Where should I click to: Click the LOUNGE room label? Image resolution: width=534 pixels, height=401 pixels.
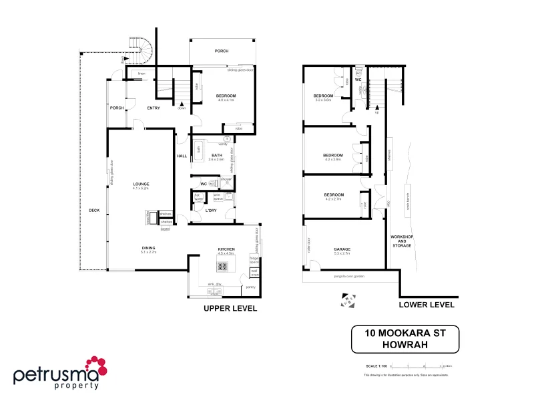(x=140, y=184)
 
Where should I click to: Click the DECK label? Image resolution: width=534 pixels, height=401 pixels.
(x=93, y=211)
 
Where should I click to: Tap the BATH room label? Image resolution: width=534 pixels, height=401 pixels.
(x=216, y=156)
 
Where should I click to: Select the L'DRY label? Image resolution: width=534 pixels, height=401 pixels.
(x=211, y=211)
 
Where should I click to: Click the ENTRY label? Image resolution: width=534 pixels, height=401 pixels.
(x=154, y=108)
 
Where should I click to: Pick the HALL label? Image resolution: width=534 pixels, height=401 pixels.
(x=182, y=156)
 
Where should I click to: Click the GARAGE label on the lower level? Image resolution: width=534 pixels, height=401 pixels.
(x=342, y=249)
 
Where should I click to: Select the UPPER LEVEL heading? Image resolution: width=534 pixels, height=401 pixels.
(x=230, y=309)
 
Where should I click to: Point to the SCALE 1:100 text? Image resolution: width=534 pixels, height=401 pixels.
(x=376, y=366)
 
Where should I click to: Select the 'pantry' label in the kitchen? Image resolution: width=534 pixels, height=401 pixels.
(x=250, y=287)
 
